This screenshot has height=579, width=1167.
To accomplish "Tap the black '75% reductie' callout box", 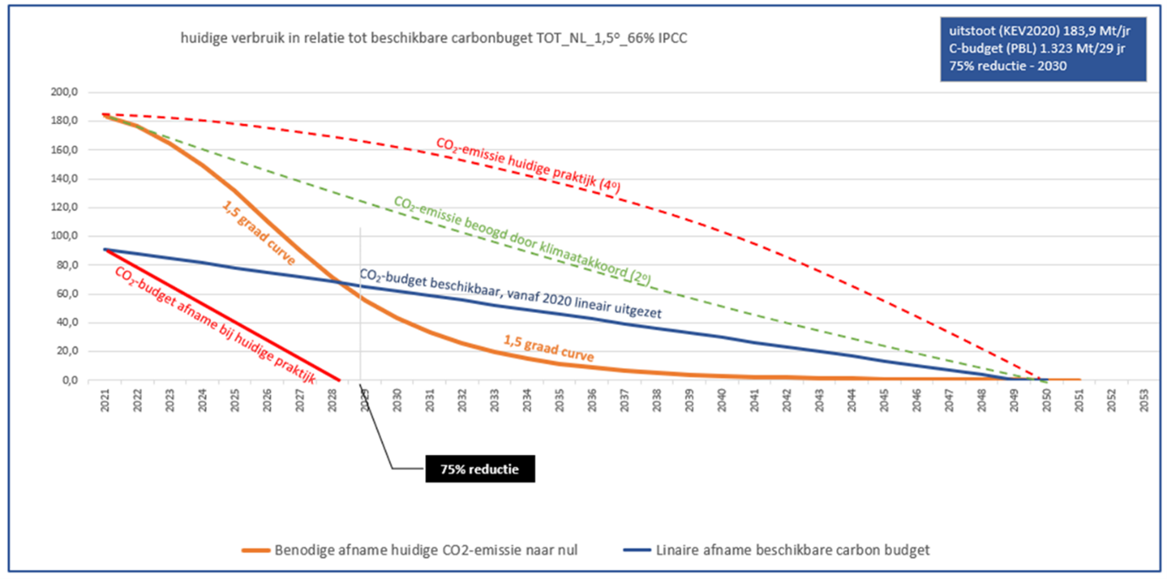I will point(479,467).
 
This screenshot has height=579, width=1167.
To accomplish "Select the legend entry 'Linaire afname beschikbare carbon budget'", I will point(792,550).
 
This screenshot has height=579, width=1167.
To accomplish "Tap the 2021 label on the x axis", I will point(105,400).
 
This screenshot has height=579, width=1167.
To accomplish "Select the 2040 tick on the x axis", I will point(721,400).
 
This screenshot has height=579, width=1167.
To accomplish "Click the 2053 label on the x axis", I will point(1143,400).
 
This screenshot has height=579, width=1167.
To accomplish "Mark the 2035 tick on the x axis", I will point(559,400).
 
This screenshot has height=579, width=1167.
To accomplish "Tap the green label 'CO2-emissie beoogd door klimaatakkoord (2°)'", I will point(527,238).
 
